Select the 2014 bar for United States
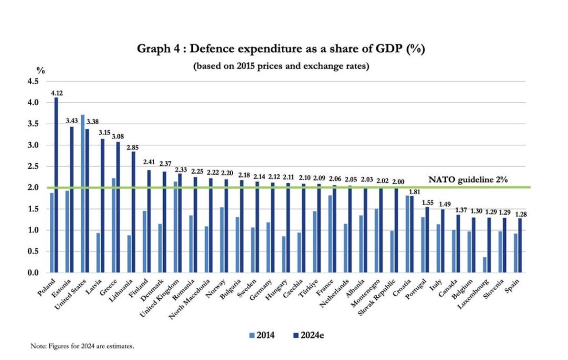(82, 194)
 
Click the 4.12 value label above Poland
(57, 93)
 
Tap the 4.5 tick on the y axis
(33, 82)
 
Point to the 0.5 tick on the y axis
(33, 251)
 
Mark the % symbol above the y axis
(40, 70)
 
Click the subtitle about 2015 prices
(281, 66)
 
